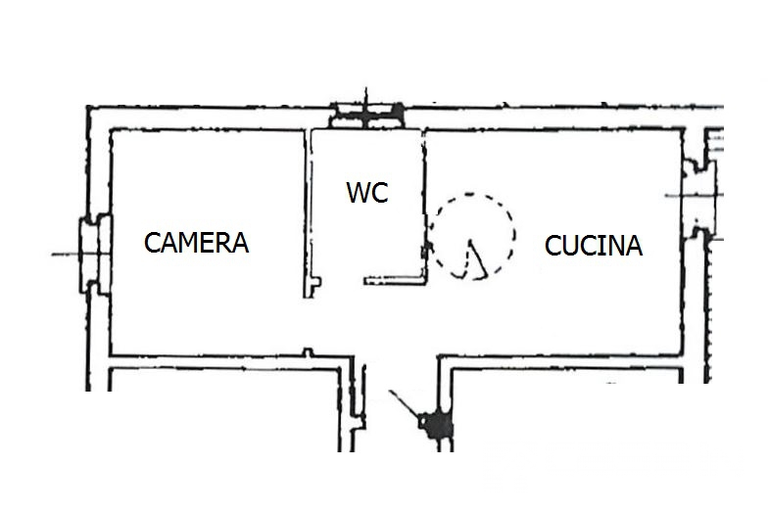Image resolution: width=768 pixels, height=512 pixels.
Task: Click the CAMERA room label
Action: (x=196, y=243)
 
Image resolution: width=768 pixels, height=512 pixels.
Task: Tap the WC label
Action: (x=367, y=192)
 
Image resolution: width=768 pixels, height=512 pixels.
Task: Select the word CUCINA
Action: (x=594, y=245)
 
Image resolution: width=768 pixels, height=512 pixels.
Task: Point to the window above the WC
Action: (x=367, y=116)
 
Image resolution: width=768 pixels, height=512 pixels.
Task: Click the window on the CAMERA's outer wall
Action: (x=96, y=255)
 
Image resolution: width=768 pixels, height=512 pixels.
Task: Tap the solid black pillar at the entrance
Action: (x=435, y=425)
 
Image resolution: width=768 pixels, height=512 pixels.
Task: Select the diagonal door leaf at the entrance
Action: (x=404, y=403)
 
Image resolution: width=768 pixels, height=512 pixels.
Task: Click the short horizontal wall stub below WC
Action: (x=394, y=280)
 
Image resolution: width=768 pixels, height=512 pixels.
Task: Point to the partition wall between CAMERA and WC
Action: (x=309, y=213)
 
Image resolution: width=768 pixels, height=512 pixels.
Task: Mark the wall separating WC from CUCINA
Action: (x=424, y=206)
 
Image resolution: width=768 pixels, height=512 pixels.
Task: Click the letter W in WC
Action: (x=357, y=192)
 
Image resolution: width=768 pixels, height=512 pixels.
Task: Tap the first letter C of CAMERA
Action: (x=152, y=243)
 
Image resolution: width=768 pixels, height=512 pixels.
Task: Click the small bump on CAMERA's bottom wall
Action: (x=308, y=352)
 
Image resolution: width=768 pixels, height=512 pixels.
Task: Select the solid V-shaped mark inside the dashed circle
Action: (x=474, y=259)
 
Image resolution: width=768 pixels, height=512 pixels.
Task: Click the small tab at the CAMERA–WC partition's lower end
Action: (x=315, y=282)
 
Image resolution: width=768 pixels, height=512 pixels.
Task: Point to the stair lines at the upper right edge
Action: (x=714, y=142)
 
